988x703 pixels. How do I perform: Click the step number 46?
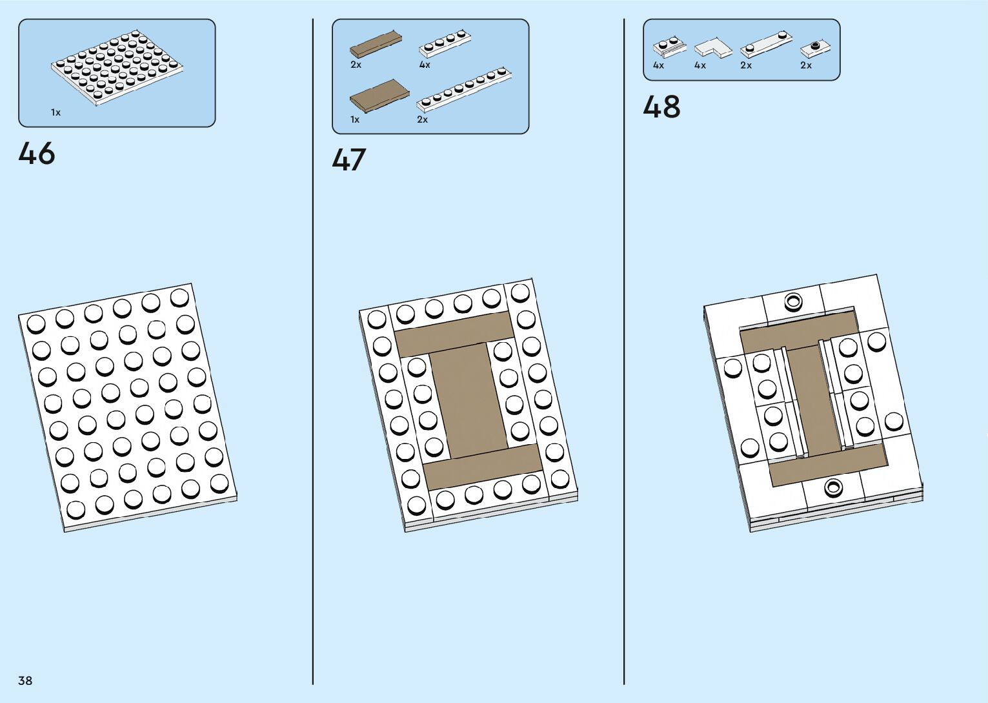point(37,154)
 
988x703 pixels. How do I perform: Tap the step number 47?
point(349,160)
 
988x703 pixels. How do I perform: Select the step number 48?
point(661,107)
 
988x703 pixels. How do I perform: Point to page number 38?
point(25,680)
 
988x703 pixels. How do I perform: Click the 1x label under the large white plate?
point(56,112)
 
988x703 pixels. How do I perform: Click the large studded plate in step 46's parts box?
point(116,68)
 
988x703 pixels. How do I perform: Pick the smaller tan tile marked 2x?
point(374,43)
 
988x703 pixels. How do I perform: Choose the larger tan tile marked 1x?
point(379,97)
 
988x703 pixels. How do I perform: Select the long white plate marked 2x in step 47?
point(464,88)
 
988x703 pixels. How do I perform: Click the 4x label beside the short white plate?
point(425,65)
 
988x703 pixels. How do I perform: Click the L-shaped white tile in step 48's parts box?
point(712,47)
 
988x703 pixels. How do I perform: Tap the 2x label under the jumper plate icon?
point(806,65)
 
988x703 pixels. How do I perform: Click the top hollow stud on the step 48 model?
point(792,300)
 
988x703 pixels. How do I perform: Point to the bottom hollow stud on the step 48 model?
point(834,487)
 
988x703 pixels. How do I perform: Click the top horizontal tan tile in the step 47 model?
point(454,333)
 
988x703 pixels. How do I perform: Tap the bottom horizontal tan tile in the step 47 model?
point(483,466)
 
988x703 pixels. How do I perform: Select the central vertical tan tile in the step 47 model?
point(468,400)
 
